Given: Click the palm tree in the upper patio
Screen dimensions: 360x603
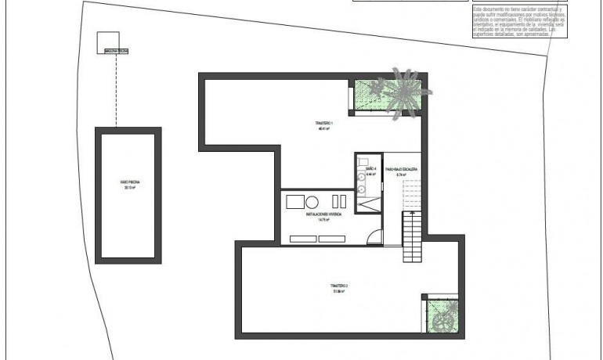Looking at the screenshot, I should (404, 92).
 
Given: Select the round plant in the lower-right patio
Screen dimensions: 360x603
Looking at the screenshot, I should (442, 320).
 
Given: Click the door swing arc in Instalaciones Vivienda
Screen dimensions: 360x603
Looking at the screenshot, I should (377, 236).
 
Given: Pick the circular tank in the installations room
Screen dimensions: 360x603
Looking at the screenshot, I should (312, 201).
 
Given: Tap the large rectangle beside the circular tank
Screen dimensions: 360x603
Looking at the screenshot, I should (294, 201).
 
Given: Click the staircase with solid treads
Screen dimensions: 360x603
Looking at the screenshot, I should (413, 238).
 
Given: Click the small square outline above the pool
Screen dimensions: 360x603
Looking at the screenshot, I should (107, 41).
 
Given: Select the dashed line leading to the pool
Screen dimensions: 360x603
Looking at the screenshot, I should (116, 90).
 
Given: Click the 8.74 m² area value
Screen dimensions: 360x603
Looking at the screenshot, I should (400, 174).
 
